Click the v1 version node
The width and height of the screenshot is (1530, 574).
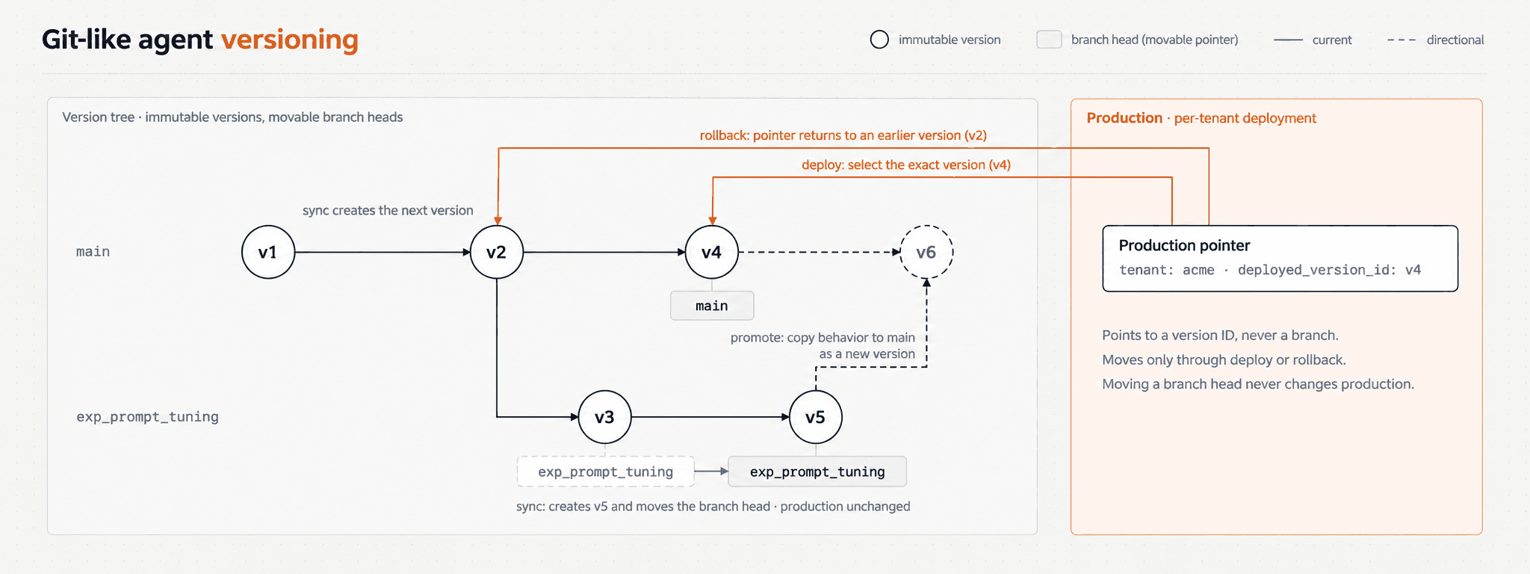tap(268, 253)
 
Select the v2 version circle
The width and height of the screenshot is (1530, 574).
tap(497, 253)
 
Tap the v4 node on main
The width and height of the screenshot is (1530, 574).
tap(712, 253)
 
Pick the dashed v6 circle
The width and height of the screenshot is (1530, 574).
tap(926, 253)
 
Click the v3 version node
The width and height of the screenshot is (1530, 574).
tap(605, 417)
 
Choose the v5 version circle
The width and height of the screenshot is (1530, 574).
tap(816, 417)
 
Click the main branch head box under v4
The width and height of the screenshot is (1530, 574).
tap(712, 306)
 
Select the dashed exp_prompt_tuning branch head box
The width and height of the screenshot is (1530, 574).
tap(606, 472)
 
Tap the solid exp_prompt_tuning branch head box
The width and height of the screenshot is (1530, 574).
tap(817, 472)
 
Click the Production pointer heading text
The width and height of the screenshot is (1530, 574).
tap(1184, 246)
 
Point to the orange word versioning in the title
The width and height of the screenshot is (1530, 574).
tap(290, 40)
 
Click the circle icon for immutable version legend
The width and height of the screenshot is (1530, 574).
tap(879, 40)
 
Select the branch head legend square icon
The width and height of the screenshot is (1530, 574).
tap(1049, 40)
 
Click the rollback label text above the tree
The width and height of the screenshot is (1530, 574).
tap(843, 135)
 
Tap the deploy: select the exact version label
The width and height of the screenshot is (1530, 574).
tap(906, 164)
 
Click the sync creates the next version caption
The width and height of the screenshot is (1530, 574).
tap(388, 211)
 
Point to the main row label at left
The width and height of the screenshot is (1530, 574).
tap(93, 252)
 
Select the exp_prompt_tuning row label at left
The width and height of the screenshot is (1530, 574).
tap(147, 417)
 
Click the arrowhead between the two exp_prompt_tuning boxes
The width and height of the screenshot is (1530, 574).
tap(724, 472)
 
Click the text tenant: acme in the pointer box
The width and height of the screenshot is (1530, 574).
tap(1167, 271)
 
